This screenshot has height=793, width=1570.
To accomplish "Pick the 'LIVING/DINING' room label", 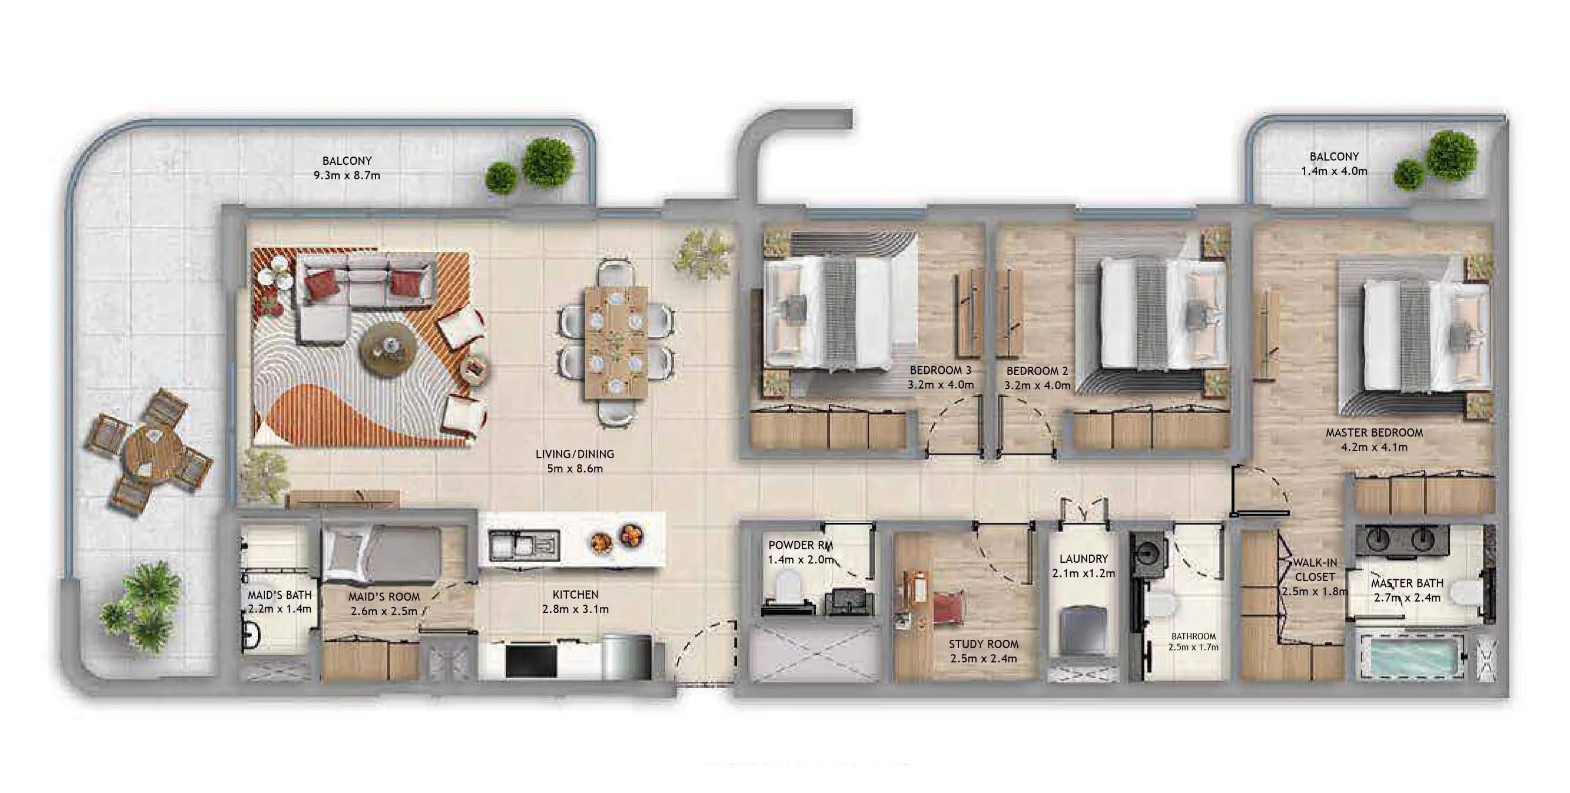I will click(575, 454).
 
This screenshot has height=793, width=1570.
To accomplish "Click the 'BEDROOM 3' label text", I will click(941, 370).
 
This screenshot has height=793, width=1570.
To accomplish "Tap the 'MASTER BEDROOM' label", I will click(1374, 433).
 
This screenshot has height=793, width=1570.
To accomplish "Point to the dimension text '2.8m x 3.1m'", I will click(575, 609).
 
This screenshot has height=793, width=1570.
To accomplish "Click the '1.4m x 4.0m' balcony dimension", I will click(1334, 171).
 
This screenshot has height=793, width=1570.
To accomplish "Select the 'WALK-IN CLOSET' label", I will click(1315, 569).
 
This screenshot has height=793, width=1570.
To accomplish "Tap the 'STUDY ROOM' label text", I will click(983, 643).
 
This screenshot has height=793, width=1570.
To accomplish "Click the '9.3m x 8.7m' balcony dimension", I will click(347, 175).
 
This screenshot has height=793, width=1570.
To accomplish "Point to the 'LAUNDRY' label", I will click(1083, 558).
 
